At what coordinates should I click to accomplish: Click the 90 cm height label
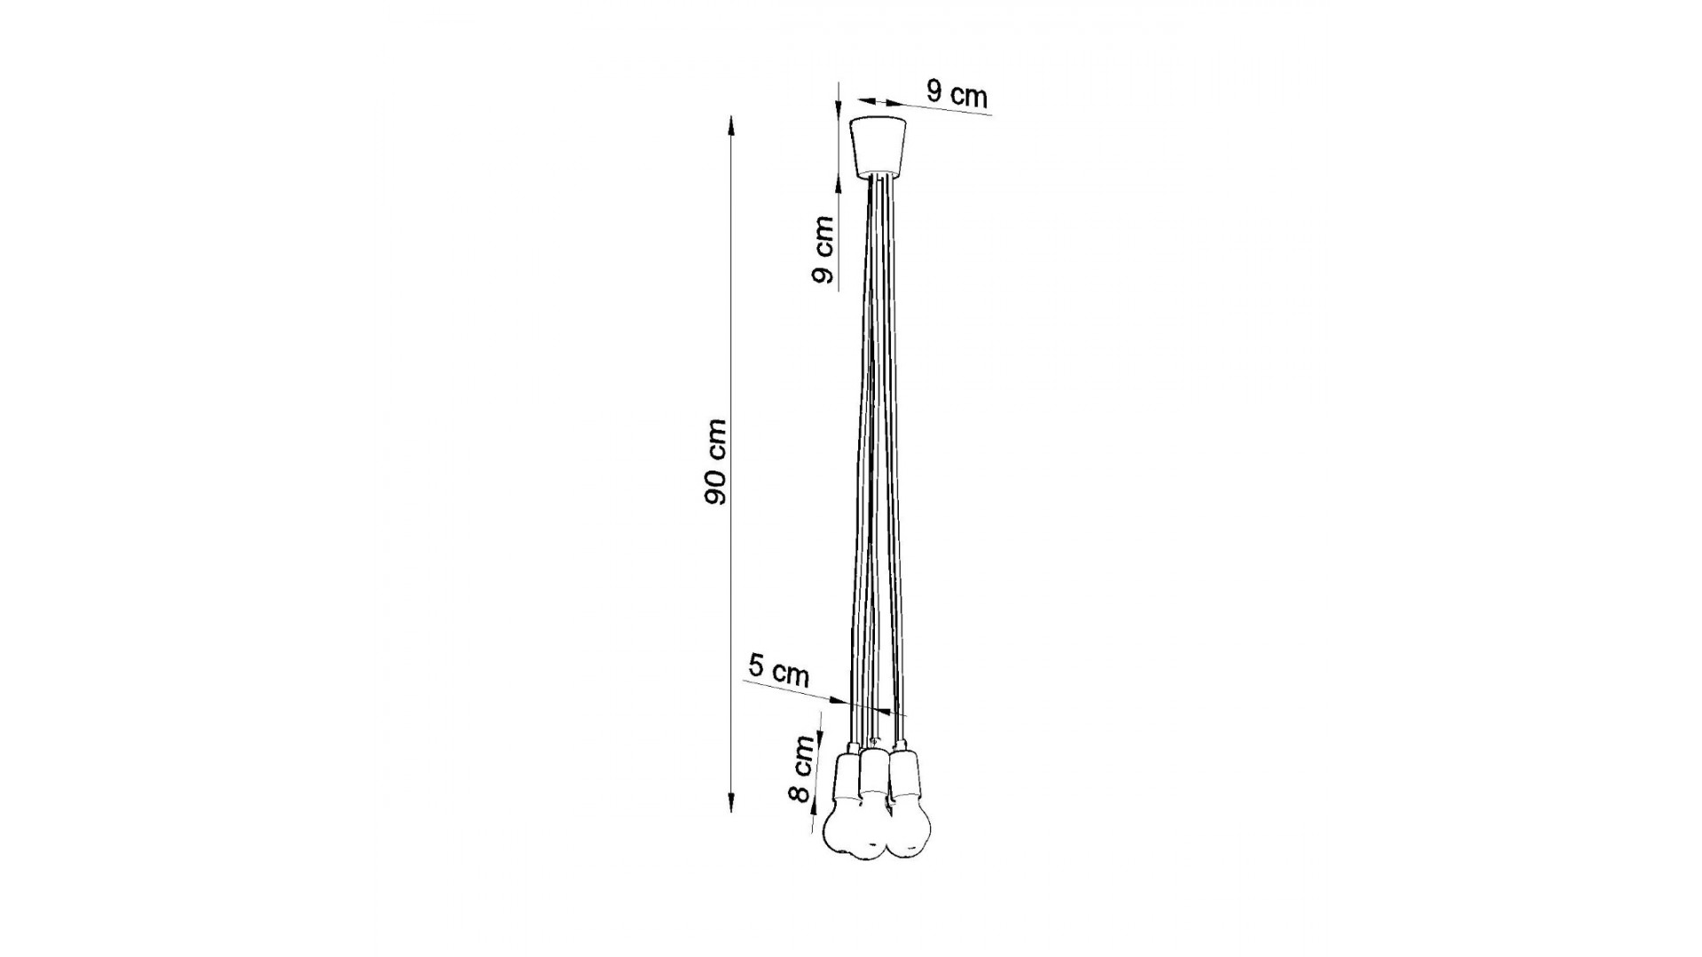click(715, 463)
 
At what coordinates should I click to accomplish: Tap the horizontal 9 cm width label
click(957, 92)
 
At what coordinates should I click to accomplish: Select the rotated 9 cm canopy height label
click(822, 250)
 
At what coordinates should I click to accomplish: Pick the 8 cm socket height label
click(801, 769)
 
